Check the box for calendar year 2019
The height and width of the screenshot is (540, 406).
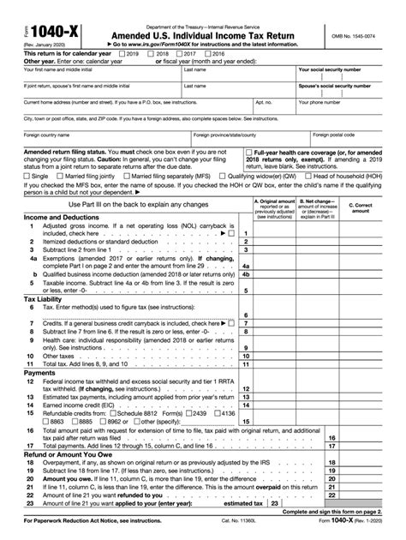121,53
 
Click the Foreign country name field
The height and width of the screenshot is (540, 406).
94,140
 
